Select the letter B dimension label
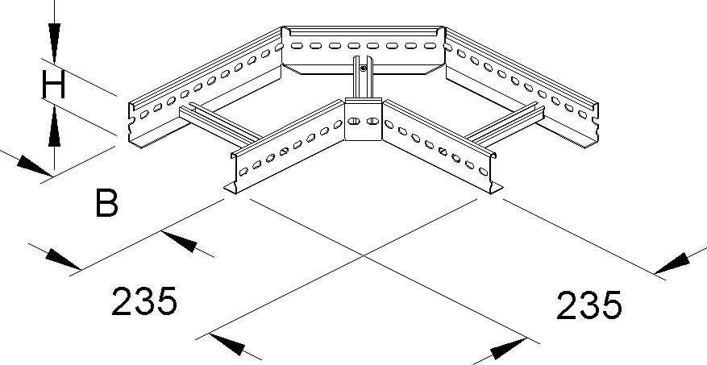pos(106,203)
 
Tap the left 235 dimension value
pos(143,302)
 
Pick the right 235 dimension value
pos(588,306)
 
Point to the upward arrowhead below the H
pos(53,128)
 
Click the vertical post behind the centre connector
pos(360,81)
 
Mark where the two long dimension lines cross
pos(363,255)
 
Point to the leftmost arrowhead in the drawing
pos(23,161)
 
